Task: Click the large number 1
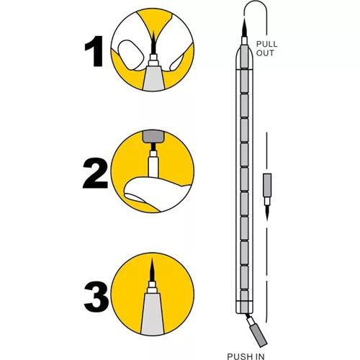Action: click(x=94, y=51)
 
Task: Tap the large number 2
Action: click(x=95, y=173)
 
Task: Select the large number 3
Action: click(x=96, y=297)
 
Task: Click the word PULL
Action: click(x=266, y=44)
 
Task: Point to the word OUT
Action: click(x=265, y=53)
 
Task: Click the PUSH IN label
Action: click(x=246, y=356)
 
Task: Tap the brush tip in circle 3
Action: click(x=152, y=269)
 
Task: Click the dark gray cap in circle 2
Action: click(x=153, y=136)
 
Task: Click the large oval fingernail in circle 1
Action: click(x=130, y=55)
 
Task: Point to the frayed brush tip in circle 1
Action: click(x=153, y=42)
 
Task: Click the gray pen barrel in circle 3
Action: click(x=153, y=313)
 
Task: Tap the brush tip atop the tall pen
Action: click(x=244, y=27)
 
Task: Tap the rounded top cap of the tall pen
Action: click(x=244, y=58)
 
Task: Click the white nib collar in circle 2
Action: click(x=153, y=164)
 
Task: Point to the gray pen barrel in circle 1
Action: click(x=153, y=78)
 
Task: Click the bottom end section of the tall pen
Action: click(x=244, y=307)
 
